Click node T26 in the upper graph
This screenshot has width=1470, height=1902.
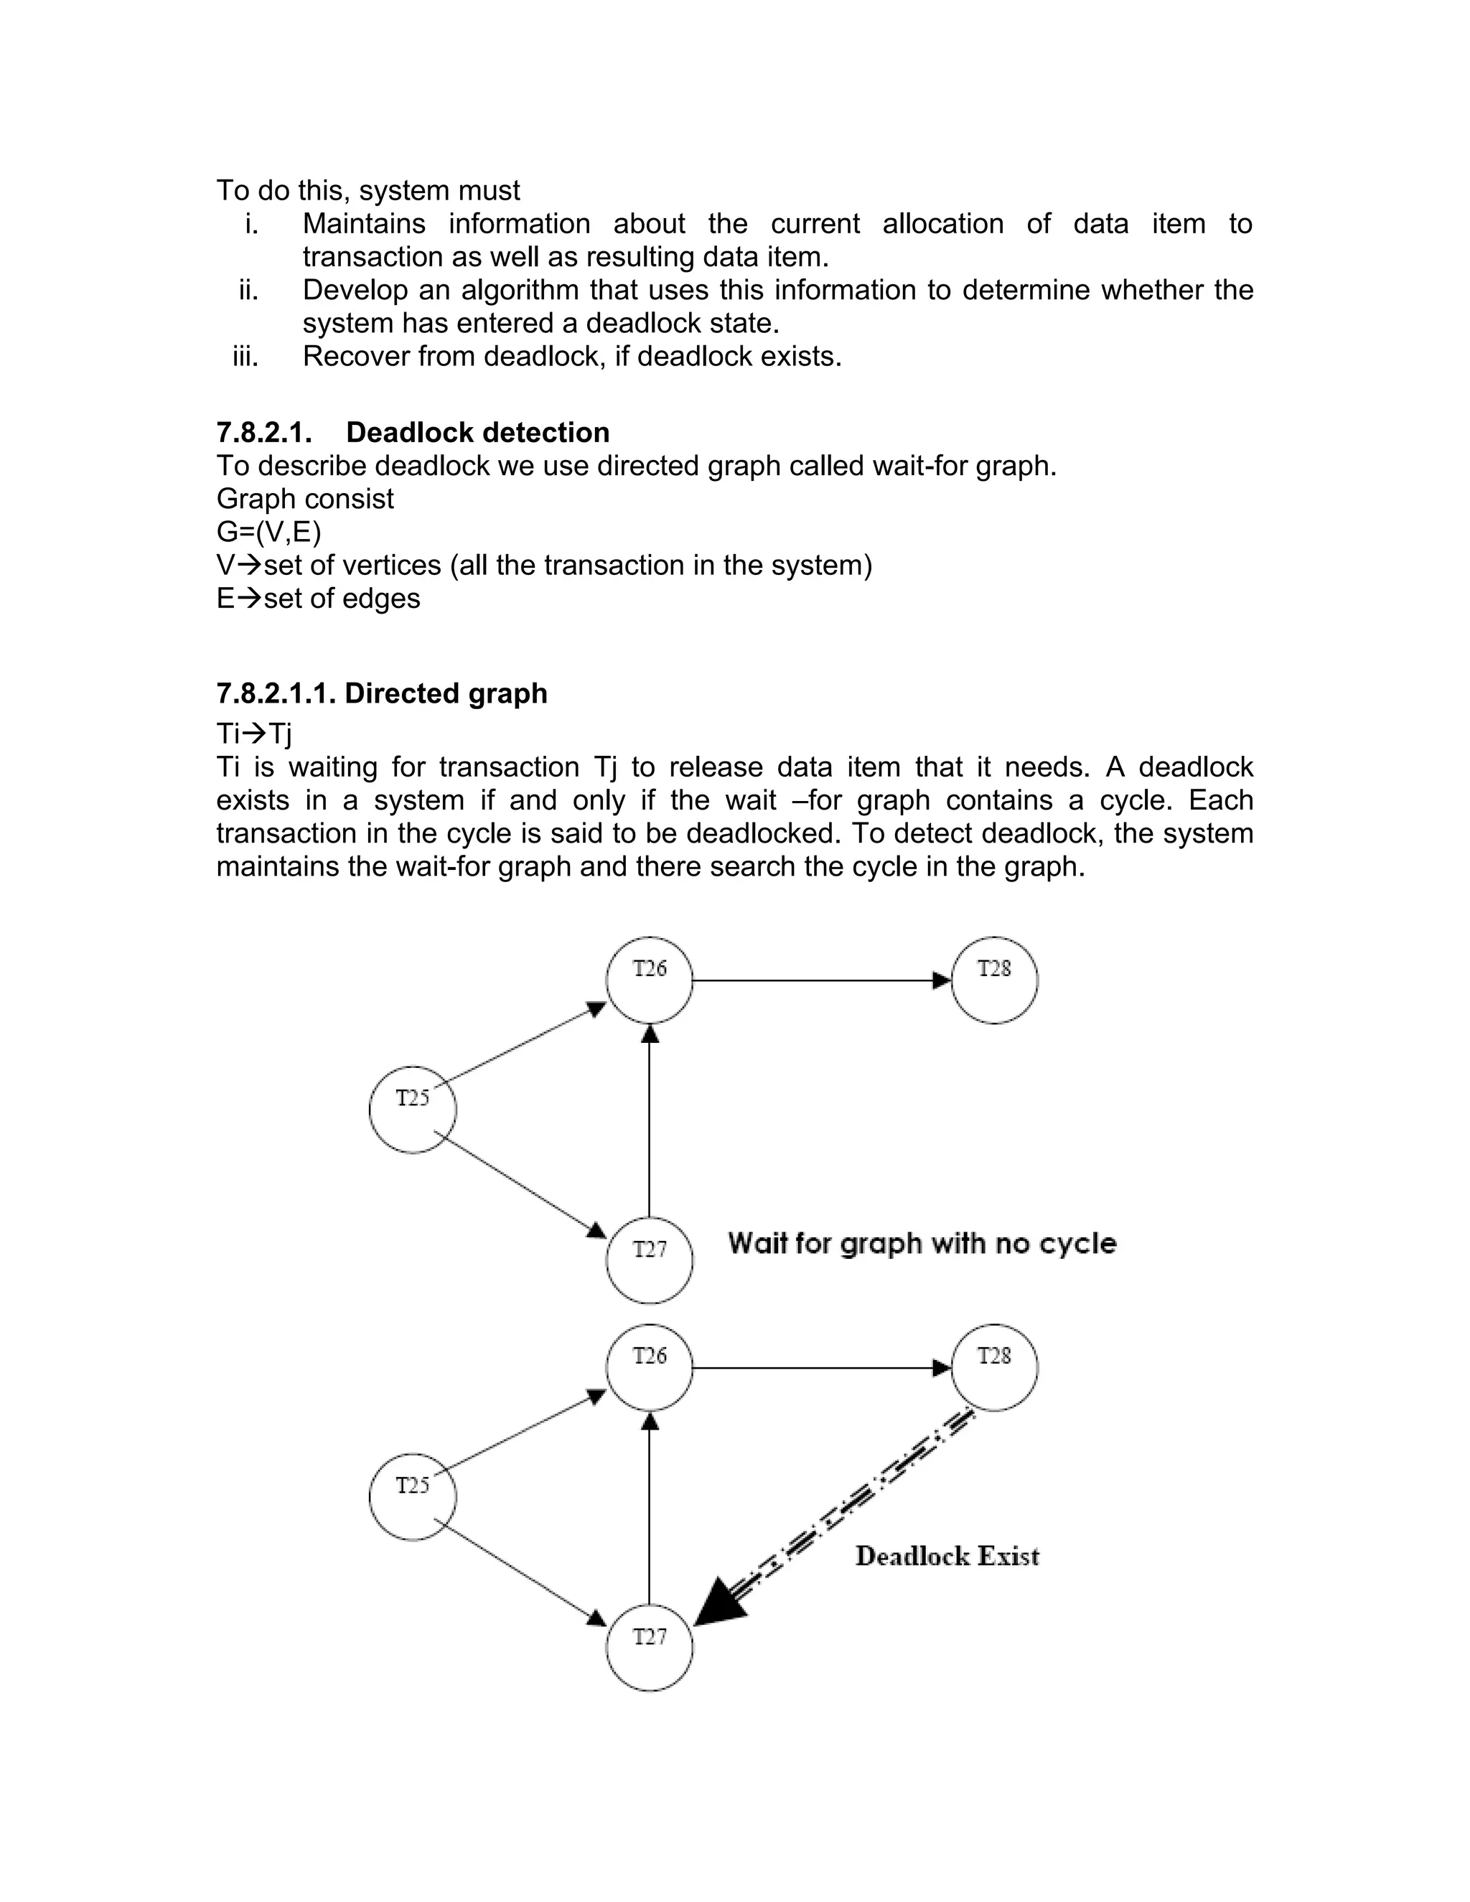pyautogui.click(x=650, y=980)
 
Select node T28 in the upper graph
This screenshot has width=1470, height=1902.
pyautogui.click(x=995, y=980)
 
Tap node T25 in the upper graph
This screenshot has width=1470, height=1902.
pyautogui.click(x=413, y=1110)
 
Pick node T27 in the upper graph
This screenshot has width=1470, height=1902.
pyautogui.click(x=650, y=1260)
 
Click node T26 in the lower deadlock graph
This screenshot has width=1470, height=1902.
pyautogui.click(x=650, y=1367)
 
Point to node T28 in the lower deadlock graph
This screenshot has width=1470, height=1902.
pyautogui.click(x=995, y=1367)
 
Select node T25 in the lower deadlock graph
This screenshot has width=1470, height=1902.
pyautogui.click(x=413, y=1496)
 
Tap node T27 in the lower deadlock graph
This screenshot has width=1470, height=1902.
pyautogui.click(x=650, y=1648)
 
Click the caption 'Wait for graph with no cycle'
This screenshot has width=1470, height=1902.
pyautogui.click(x=922, y=1244)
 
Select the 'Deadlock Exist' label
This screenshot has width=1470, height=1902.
pyautogui.click(x=947, y=1556)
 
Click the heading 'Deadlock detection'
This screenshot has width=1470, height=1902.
pyautogui.click(x=477, y=433)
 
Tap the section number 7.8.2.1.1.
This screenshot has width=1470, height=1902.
pyautogui.click(x=276, y=693)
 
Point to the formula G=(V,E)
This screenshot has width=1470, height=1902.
pyautogui.click(x=269, y=532)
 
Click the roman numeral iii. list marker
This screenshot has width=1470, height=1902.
pyautogui.click(x=245, y=356)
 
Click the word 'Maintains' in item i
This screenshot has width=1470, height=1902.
pyautogui.click(x=364, y=224)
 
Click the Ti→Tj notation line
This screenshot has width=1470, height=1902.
pyautogui.click(x=254, y=734)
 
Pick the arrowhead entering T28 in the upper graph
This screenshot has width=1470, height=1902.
pyautogui.click(x=942, y=980)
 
